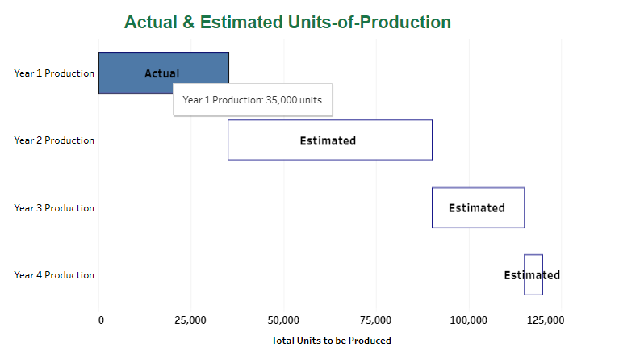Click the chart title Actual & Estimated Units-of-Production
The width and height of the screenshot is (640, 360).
point(287,23)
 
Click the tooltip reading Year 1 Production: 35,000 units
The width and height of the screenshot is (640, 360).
point(252,100)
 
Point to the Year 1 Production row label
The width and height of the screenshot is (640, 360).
point(54,73)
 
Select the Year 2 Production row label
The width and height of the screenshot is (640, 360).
point(54,140)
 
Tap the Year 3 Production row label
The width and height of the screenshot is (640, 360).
point(54,208)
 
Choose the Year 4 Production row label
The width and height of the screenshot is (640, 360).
point(54,275)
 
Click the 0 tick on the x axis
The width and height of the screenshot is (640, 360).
point(101,320)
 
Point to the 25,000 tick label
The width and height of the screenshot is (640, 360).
point(190,320)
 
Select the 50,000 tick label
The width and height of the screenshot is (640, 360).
point(283,320)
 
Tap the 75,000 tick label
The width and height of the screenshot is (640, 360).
point(376,320)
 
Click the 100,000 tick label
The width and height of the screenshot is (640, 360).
point(469,320)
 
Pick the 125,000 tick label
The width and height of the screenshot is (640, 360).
point(546,320)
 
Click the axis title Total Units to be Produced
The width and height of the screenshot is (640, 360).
point(331,341)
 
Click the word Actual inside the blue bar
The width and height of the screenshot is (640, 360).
point(161,73)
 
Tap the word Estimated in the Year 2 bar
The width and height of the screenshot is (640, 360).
point(328,140)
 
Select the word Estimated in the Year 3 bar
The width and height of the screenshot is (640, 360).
point(477,208)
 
